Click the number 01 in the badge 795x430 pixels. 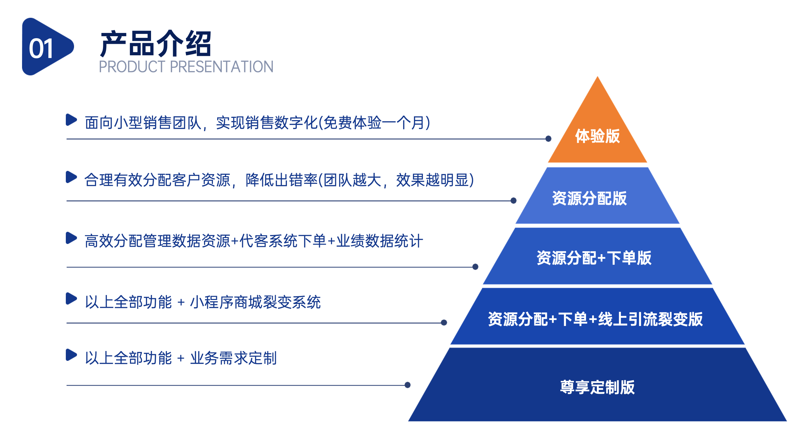click(41, 49)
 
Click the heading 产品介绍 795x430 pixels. click(156, 44)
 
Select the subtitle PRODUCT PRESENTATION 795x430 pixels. click(186, 67)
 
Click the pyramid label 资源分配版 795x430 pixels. click(589, 198)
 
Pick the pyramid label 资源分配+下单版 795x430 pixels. click(594, 258)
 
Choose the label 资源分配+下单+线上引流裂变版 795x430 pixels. click(595, 319)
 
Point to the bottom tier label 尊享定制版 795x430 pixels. click(597, 387)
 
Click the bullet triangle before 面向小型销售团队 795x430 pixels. click(71, 120)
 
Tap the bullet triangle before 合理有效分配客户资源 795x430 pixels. click(71, 177)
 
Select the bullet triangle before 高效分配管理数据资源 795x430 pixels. click(71, 238)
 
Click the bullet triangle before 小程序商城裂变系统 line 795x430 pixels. click(71, 299)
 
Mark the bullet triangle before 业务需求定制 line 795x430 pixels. click(71, 355)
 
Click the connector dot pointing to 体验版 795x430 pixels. click(548, 139)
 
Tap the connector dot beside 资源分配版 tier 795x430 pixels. click(513, 201)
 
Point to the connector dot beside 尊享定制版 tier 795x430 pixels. click(407, 385)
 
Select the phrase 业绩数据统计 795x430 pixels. click(379, 241)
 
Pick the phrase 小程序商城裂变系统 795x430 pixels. click(255, 302)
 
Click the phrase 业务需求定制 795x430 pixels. click(233, 358)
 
